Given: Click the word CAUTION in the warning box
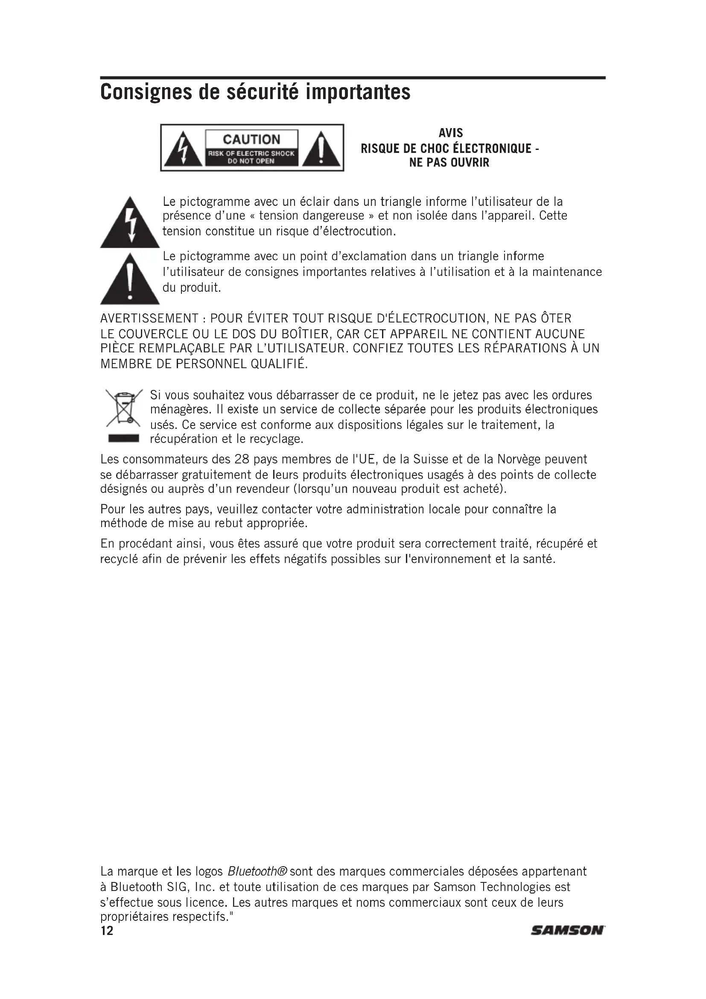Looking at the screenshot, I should [x=251, y=139].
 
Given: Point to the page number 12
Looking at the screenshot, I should [x=107, y=931].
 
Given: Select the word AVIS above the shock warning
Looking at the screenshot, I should [x=450, y=133].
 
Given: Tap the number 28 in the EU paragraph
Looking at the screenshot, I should [x=242, y=460].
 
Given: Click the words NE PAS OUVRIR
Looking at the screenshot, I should [x=449, y=163].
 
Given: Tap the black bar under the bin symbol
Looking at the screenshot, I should [x=123, y=438].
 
